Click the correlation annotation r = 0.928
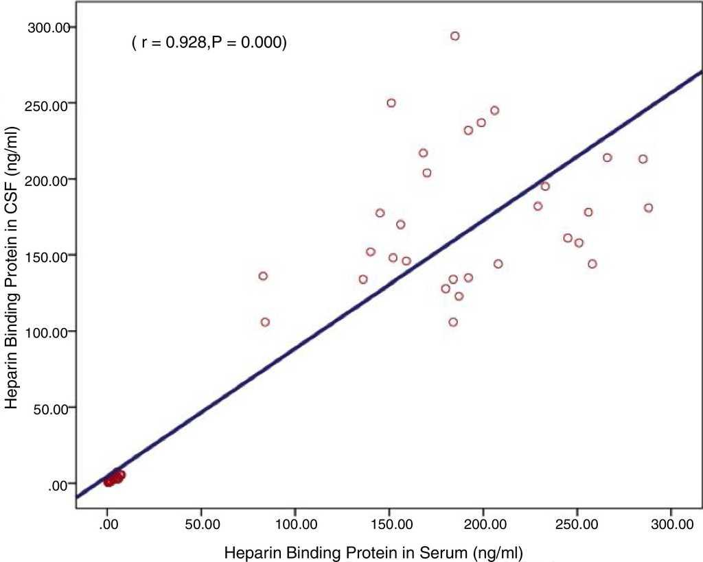click(209, 43)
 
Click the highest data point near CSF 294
click(454, 36)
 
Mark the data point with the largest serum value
click(648, 207)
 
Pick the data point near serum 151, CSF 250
click(391, 103)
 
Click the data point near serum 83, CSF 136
click(263, 276)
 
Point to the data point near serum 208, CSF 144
click(498, 264)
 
